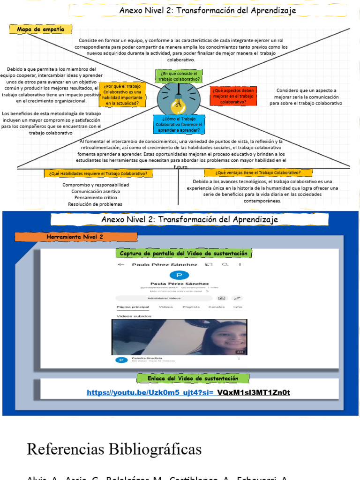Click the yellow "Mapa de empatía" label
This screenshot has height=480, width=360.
(40, 30)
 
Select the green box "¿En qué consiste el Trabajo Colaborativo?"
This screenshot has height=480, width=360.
(179, 76)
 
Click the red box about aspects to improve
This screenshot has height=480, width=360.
(233, 96)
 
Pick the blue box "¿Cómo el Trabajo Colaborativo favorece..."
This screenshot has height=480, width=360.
(179, 124)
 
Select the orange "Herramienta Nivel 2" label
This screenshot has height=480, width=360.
(75, 237)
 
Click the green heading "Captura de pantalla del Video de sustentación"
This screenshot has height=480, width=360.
(183, 253)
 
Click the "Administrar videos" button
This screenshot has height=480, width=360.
(164, 298)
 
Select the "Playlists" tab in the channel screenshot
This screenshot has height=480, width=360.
(191, 307)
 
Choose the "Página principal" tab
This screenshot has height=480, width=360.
(133, 307)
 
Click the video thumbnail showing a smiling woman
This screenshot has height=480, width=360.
(180, 337)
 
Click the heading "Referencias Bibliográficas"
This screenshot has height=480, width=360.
(114, 449)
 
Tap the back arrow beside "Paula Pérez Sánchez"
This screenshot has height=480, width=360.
(121, 264)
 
